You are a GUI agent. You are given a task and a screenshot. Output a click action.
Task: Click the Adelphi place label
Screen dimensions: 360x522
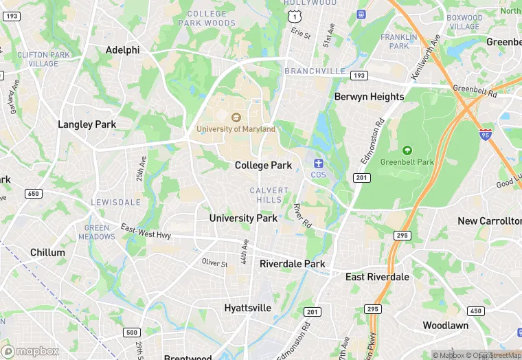[x=122, y=49]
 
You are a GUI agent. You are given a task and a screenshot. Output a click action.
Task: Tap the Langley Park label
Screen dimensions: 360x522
[x=87, y=124]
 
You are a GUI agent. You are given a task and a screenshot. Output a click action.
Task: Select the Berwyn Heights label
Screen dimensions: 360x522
[x=369, y=97]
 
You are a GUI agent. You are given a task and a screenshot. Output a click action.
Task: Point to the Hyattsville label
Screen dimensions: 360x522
[x=247, y=308]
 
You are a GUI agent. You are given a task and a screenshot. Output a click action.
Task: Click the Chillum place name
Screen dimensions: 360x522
[x=47, y=252]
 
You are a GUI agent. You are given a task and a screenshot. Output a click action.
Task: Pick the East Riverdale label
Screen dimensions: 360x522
[x=377, y=277]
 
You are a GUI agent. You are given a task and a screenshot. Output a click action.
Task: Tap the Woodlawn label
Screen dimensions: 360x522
[x=445, y=325]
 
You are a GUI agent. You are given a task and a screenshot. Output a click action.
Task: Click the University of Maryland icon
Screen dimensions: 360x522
[x=236, y=117]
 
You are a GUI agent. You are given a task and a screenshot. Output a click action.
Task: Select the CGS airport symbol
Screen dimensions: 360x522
[x=318, y=163]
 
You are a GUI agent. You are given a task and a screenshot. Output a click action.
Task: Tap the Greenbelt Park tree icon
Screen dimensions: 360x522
[x=407, y=150]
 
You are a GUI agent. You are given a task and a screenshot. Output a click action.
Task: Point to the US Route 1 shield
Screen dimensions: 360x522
[x=293, y=14]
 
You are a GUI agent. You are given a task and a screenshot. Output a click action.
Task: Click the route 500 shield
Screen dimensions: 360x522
[x=132, y=333]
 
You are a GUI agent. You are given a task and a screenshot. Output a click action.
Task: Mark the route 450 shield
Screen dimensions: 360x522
[x=475, y=311]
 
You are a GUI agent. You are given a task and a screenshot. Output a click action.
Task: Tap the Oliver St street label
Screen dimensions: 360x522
[x=214, y=263]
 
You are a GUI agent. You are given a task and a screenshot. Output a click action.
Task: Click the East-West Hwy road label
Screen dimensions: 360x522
[x=146, y=231]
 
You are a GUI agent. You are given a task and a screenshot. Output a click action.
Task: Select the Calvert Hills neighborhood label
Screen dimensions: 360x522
[x=265, y=194]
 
